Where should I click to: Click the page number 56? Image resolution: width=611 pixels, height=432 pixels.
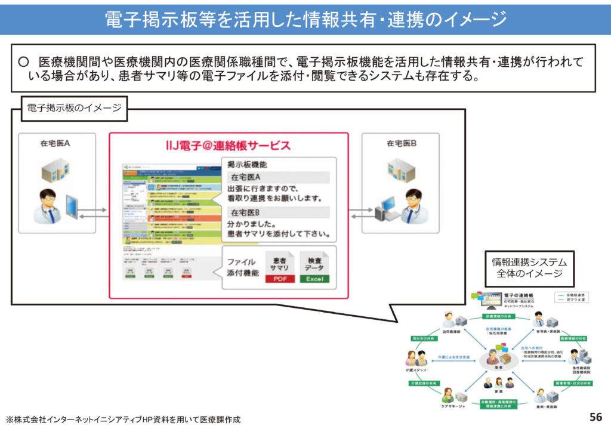[x=595, y=416]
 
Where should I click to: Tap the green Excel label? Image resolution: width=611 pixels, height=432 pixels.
[x=314, y=279]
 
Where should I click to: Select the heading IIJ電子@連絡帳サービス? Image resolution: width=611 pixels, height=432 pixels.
[x=228, y=145]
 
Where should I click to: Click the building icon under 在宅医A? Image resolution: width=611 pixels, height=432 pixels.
[x=56, y=170]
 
